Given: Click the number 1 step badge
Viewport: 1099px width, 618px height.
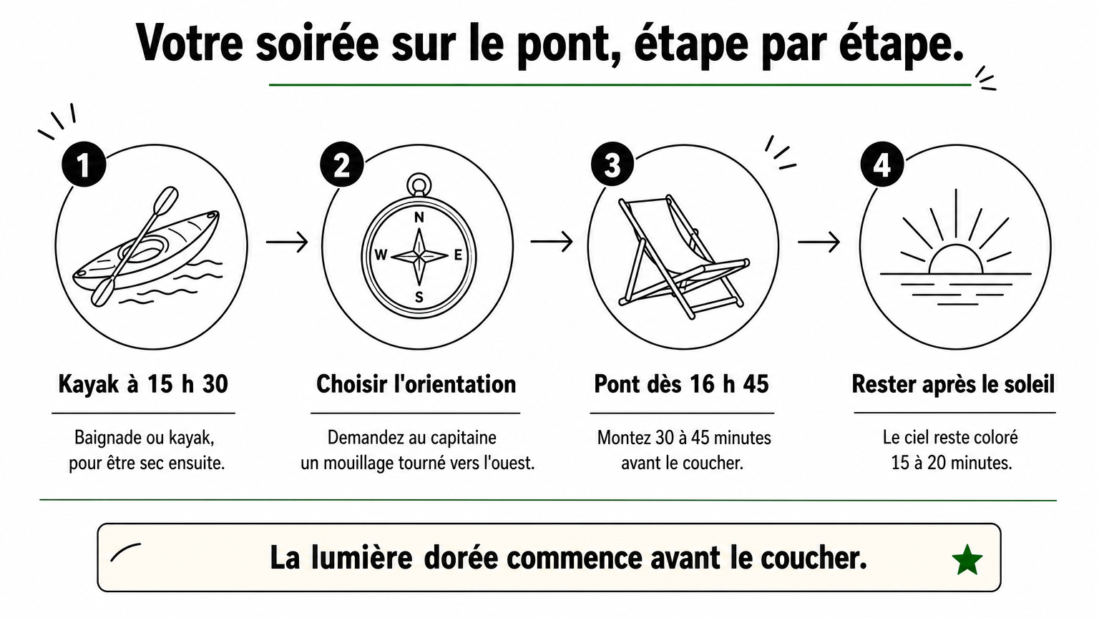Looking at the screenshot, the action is [84, 165].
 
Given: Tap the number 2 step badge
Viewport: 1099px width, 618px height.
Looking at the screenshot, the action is [342, 165].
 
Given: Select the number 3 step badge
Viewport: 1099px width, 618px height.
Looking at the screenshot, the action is [612, 165].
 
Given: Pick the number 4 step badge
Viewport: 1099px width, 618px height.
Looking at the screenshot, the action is [883, 165].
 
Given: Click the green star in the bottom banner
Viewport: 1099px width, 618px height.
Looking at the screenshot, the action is [967, 560].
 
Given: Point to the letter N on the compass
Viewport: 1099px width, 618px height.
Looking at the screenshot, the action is [419, 217].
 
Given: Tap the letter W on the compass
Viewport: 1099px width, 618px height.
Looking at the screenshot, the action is [381, 255].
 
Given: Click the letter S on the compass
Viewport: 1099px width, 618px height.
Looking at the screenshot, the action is [419, 298].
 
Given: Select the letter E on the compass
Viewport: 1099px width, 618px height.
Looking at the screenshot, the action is [458, 255].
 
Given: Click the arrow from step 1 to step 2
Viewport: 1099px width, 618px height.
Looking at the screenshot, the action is [287, 242].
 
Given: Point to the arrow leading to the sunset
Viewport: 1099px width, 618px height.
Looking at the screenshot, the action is [819, 242].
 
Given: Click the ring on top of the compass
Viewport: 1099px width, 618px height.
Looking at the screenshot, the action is [419, 185].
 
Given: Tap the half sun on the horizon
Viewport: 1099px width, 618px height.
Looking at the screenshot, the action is [956, 259].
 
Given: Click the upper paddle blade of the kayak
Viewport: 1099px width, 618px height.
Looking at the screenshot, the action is [166, 200].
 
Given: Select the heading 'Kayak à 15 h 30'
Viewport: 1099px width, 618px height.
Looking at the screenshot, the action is [143, 384].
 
